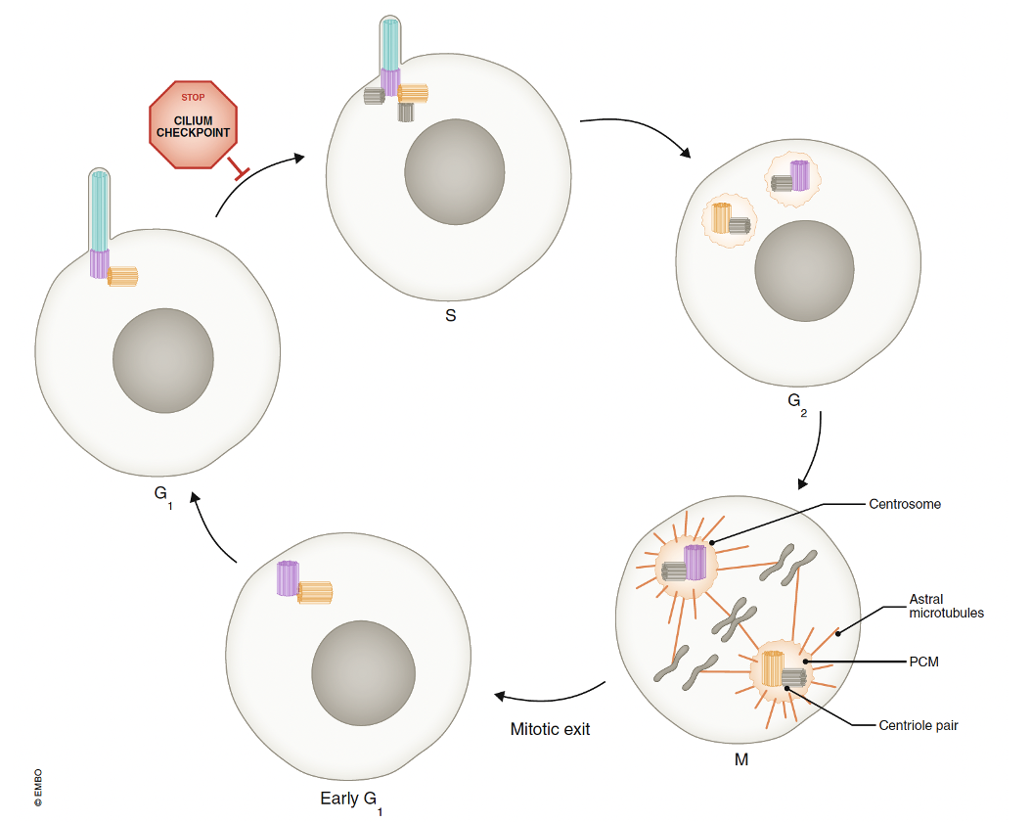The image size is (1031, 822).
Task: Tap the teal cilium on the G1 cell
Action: pyautogui.click(x=99, y=210)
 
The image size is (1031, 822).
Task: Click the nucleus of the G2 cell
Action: pyautogui.click(x=803, y=271)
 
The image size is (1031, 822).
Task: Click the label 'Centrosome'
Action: pyautogui.click(x=905, y=505)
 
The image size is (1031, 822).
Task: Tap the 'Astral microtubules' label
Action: pyautogui.click(x=946, y=606)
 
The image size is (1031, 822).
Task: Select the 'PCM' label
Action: pyautogui.click(x=923, y=662)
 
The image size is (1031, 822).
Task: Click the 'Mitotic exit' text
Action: pyautogui.click(x=550, y=729)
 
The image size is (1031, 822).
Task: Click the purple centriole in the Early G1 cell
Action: pyautogui.click(x=287, y=577)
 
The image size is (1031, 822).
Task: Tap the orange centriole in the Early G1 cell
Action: pyautogui.click(x=315, y=592)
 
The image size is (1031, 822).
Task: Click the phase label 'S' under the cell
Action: pyautogui.click(x=450, y=317)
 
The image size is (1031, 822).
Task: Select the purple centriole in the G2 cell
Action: pyautogui.click(x=799, y=175)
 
